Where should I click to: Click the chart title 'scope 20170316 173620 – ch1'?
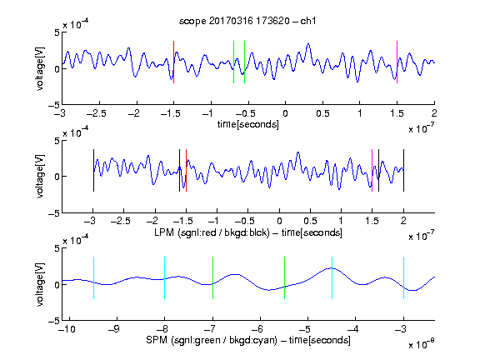[247, 21]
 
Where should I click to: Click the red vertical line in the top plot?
[173, 62]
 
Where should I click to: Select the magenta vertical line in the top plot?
[397, 62]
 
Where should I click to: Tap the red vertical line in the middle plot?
[186, 170]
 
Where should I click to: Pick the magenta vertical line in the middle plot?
[372, 170]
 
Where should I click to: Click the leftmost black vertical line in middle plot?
[93, 170]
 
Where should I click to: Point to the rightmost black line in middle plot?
[404, 170]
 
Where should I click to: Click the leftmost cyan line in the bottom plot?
[93, 277]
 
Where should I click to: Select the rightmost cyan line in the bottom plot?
[404, 277]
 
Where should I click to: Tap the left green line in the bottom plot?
[212, 277]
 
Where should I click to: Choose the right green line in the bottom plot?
[285, 277]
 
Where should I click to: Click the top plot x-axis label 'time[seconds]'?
[248, 124]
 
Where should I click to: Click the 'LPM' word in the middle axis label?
[164, 232]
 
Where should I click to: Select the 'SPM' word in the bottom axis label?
[157, 340]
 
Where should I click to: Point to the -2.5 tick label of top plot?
[96, 113]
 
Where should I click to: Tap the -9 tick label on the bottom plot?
[114, 329]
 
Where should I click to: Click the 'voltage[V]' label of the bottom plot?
[40, 284]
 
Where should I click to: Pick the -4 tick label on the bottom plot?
[353, 329]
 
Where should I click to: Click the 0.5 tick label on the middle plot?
[310, 221]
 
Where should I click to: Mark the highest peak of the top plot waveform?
[308, 44]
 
